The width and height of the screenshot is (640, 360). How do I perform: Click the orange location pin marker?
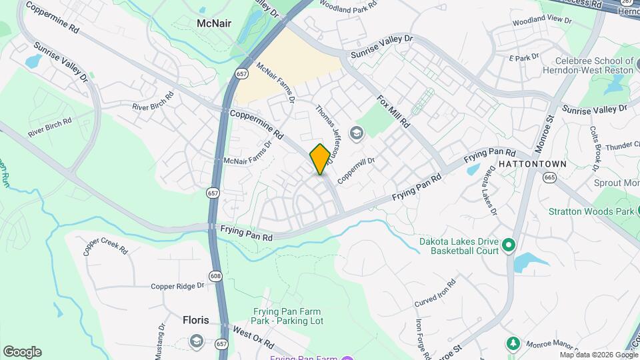320,159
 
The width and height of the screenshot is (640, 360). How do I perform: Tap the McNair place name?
214,23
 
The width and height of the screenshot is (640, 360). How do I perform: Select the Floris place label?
195,320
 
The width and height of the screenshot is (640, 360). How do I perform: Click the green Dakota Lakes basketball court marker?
508,246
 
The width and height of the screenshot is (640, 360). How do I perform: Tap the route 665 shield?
549,177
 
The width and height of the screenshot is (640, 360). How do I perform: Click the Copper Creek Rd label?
105,249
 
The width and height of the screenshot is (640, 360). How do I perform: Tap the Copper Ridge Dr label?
177,286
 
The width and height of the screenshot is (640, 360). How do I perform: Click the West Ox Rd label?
253,338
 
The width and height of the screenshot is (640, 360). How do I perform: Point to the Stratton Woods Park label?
591,212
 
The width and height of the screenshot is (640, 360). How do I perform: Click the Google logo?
22,351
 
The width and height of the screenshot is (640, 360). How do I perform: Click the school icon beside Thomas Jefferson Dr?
357,133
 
